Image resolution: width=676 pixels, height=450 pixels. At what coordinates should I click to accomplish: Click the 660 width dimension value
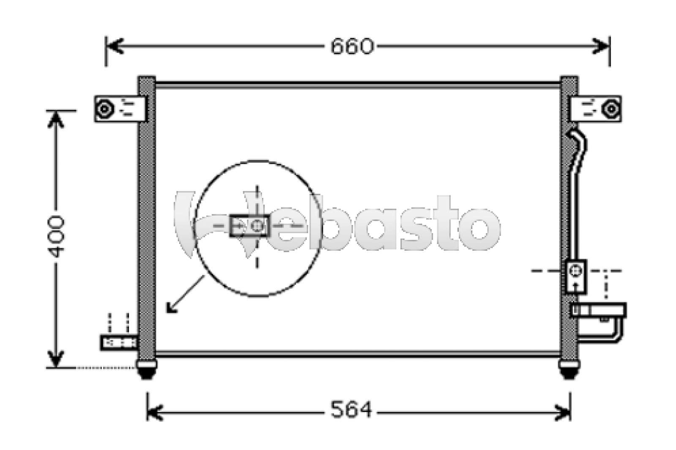point(352,46)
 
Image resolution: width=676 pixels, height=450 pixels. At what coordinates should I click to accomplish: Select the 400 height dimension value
point(56,237)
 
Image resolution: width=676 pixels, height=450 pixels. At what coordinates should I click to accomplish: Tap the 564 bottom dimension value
point(351,409)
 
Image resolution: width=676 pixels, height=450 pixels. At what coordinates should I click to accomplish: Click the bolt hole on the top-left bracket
point(104,109)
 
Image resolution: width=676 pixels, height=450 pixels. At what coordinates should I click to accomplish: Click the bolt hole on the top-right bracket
point(611,109)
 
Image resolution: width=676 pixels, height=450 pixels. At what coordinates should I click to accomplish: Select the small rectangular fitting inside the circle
point(249,226)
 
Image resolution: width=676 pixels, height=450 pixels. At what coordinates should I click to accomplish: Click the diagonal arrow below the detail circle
point(185,295)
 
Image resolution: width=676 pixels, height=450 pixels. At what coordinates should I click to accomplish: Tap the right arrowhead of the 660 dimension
point(602,46)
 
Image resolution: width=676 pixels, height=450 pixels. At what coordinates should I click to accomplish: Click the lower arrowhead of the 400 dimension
point(56,359)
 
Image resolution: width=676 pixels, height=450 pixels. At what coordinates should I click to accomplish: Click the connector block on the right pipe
point(576,276)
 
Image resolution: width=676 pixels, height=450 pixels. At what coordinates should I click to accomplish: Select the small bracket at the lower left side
point(120,342)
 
